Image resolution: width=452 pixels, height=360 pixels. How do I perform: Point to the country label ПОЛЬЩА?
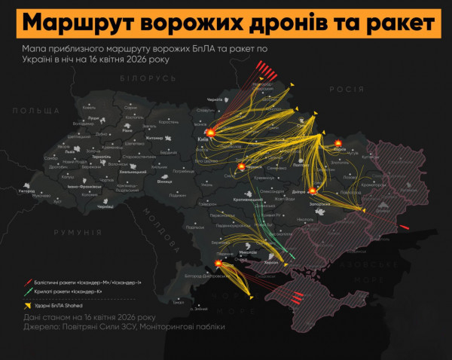[29, 110]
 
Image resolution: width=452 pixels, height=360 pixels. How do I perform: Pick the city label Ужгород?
[28, 191]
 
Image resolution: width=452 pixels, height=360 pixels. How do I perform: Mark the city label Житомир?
[174, 139]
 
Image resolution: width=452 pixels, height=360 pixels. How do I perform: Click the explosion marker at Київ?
[212, 133]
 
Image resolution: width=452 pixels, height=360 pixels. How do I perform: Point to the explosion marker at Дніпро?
[310, 191]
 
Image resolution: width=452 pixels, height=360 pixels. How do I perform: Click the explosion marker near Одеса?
[219, 264]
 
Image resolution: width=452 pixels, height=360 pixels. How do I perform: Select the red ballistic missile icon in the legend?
[28, 281]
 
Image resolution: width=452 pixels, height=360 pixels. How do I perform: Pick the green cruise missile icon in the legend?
[28, 291]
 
